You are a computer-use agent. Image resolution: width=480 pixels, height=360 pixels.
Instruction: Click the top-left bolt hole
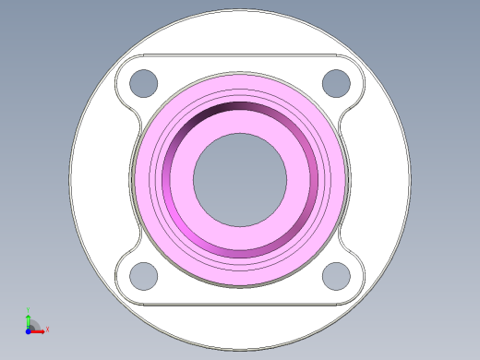coord(143,82)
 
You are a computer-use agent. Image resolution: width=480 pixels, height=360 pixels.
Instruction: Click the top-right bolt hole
coord(336,82)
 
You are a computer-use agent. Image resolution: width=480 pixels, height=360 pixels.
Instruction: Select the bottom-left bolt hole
coord(143,275)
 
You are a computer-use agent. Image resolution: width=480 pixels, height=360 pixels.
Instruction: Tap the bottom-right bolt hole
coord(336,275)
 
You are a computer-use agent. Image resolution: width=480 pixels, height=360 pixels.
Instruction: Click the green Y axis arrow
coord(29,319)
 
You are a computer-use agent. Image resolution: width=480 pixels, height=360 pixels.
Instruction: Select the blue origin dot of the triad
coord(29,330)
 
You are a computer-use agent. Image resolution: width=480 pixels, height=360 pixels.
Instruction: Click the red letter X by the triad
coord(47,329)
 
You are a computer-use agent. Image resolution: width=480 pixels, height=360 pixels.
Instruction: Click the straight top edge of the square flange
coord(240,54)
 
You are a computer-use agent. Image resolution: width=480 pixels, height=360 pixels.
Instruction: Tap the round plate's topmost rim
coord(240,12)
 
